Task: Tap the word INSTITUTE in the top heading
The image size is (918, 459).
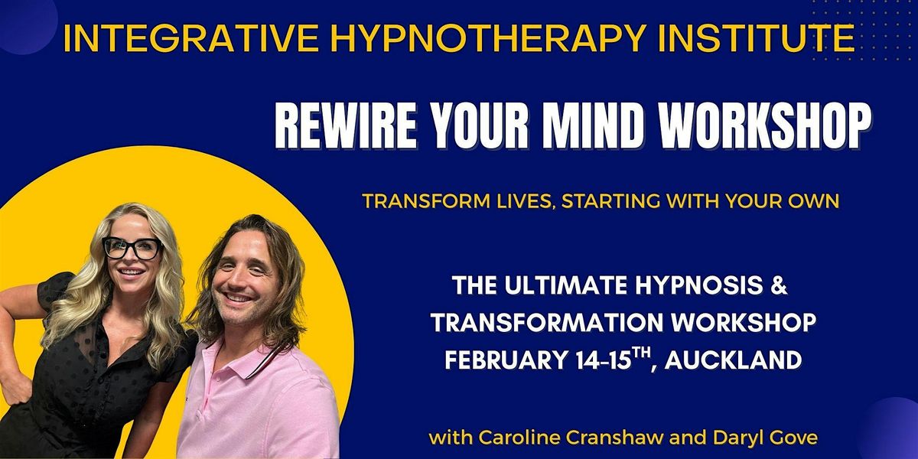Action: click(756, 38)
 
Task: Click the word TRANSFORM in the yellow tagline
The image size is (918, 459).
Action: click(412, 201)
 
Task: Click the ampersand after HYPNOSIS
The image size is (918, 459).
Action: click(778, 285)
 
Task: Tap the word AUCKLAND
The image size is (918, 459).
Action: click(733, 360)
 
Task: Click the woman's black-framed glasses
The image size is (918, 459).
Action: click(132, 248)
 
